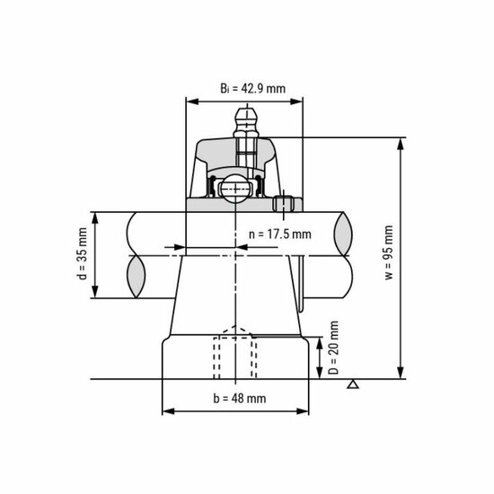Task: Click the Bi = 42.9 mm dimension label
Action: click(x=252, y=88)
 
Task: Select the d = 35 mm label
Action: click(x=82, y=253)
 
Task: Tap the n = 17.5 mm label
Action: click(x=279, y=234)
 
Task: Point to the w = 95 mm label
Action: click(x=389, y=252)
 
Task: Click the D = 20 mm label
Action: click(x=333, y=348)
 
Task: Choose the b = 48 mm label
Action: click(x=240, y=398)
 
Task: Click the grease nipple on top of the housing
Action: click(x=246, y=123)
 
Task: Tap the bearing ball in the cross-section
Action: click(x=235, y=189)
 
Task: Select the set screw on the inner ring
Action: click(x=284, y=204)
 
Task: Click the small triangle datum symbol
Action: click(x=353, y=384)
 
